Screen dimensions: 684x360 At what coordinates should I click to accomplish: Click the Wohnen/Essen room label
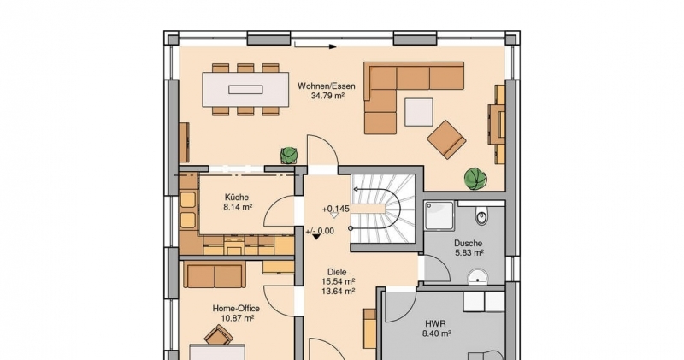pyautogui.click(x=327, y=86)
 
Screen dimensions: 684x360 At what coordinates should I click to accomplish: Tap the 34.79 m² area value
pyautogui.click(x=327, y=96)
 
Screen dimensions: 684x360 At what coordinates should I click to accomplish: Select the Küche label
pyautogui.click(x=238, y=198)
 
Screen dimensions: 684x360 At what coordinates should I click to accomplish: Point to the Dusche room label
pyautogui.click(x=468, y=243)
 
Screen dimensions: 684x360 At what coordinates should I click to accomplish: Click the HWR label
pyautogui.click(x=435, y=324)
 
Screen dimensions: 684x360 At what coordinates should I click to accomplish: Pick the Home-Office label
pyautogui.click(x=236, y=309)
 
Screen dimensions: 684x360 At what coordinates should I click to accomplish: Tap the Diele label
pyautogui.click(x=337, y=272)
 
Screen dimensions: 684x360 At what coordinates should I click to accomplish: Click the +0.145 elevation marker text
pyautogui.click(x=335, y=209)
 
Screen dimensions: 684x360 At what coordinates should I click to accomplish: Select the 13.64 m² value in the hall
pyautogui.click(x=338, y=292)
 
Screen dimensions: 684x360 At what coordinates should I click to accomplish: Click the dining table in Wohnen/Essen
pyautogui.click(x=245, y=90)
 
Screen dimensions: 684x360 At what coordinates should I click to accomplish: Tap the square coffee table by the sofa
pyautogui.click(x=419, y=112)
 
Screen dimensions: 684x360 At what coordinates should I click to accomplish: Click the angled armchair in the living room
pyautogui.click(x=446, y=139)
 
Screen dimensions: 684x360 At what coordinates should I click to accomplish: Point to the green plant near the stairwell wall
pyautogui.click(x=475, y=179)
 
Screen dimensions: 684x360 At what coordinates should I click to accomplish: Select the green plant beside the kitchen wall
pyautogui.click(x=289, y=155)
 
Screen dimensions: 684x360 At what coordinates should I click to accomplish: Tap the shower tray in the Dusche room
pyautogui.click(x=439, y=215)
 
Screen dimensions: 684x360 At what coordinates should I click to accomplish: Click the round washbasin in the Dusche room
pyautogui.click(x=478, y=276)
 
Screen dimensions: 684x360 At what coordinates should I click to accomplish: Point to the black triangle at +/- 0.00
pyautogui.click(x=316, y=237)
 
